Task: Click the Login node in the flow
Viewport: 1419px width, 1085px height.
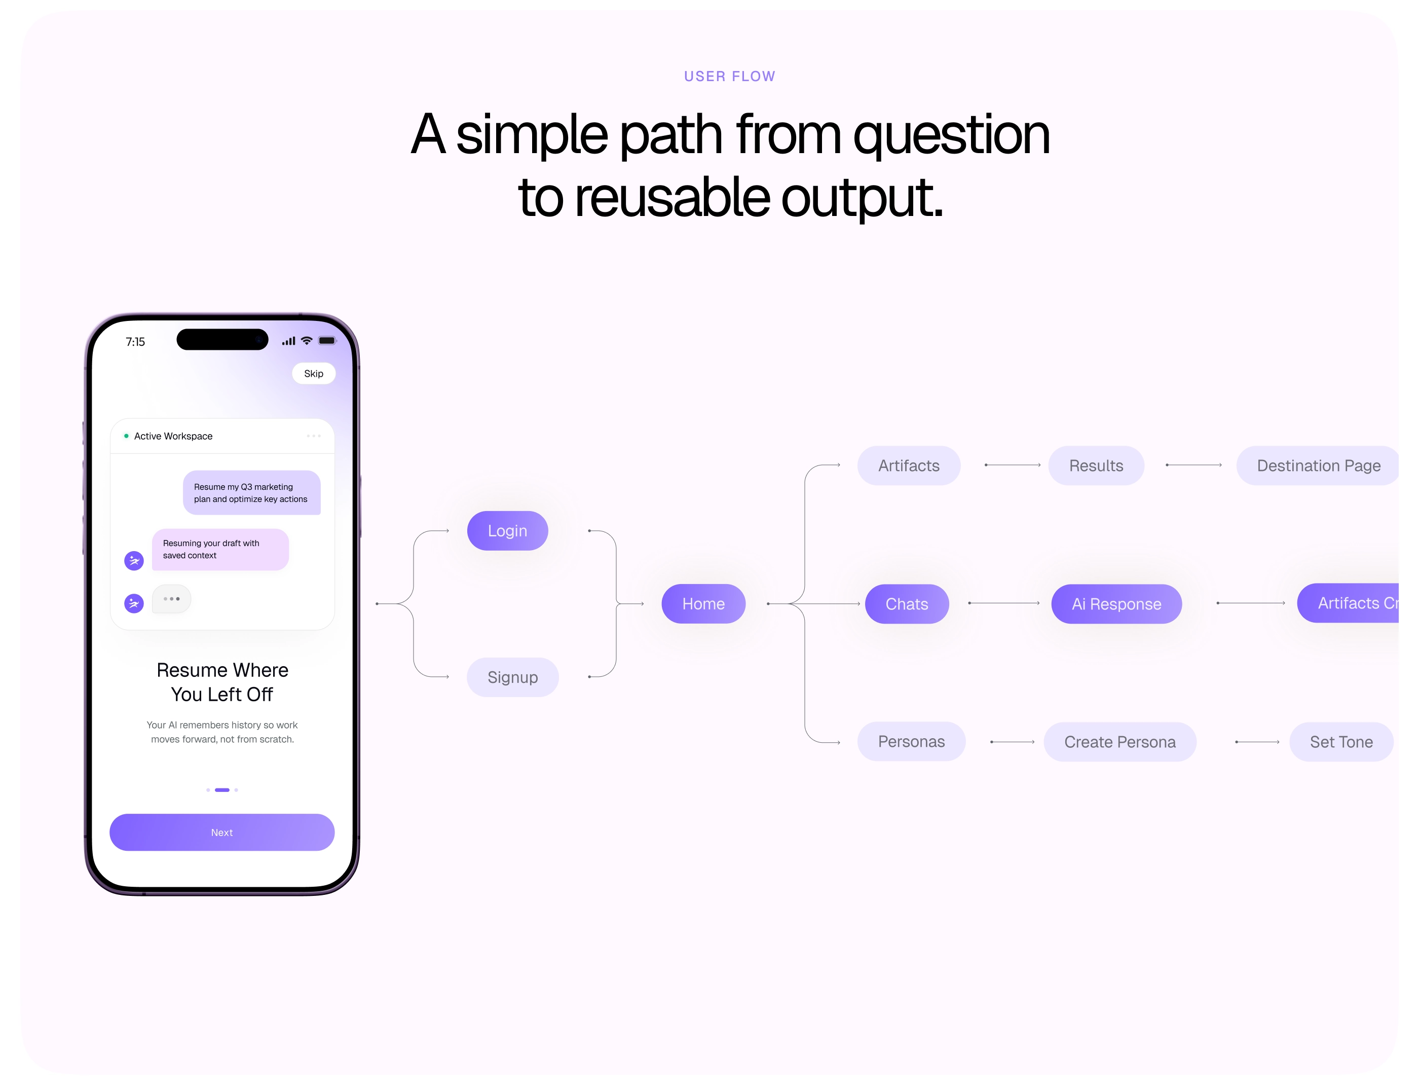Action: (507, 530)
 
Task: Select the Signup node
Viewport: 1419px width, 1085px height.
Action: (512, 677)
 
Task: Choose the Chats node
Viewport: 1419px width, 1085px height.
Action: (907, 603)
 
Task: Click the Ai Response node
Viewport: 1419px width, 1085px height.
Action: (1116, 603)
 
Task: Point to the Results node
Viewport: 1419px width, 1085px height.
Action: (1096, 465)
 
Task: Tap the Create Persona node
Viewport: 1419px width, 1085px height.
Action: (1119, 741)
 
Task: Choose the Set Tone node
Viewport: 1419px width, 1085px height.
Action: (1341, 741)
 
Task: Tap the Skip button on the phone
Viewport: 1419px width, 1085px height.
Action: (314, 373)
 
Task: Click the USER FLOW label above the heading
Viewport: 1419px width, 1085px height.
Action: (729, 76)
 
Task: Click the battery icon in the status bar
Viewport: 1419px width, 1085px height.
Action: (327, 340)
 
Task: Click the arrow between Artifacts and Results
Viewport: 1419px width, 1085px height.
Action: (1012, 464)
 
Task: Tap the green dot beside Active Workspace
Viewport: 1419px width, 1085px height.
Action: (126, 436)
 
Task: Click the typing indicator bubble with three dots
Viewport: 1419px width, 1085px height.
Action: (171, 599)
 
